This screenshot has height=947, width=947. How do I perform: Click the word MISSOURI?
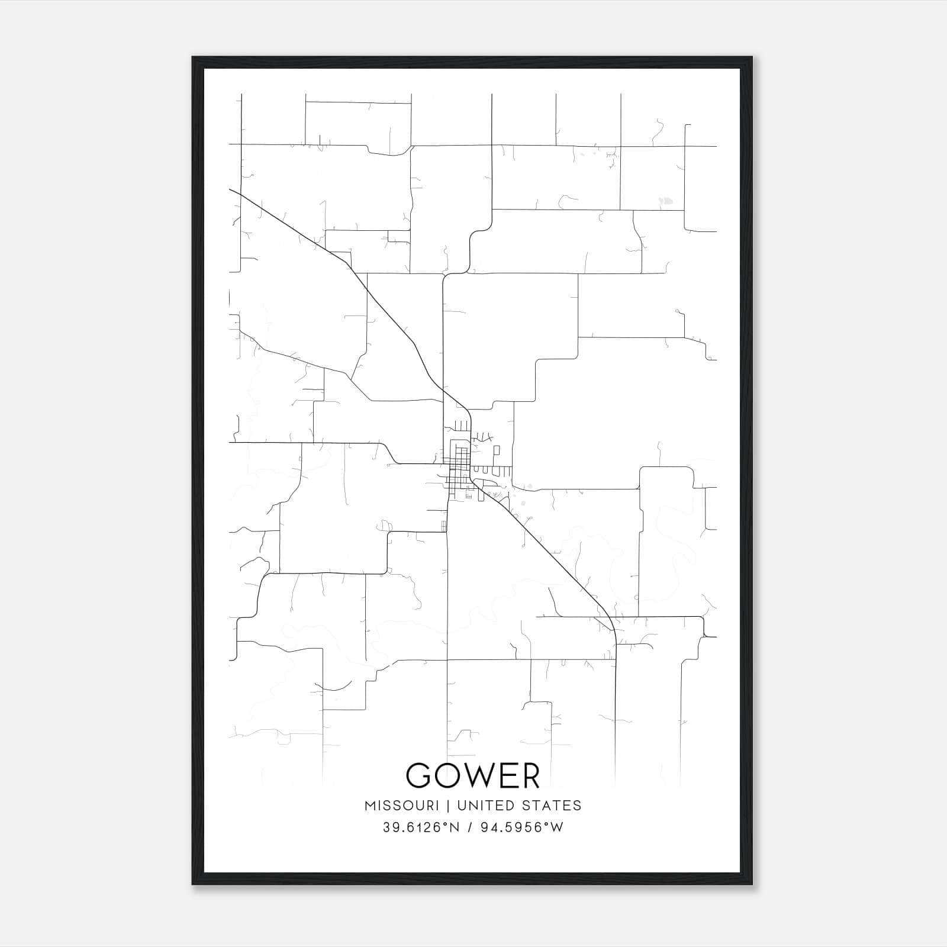(x=402, y=806)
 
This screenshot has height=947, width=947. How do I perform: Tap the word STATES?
(x=552, y=806)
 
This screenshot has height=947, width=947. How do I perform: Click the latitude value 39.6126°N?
(x=421, y=827)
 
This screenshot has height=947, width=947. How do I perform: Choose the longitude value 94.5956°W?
(x=523, y=827)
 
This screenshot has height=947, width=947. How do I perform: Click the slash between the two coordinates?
(x=471, y=827)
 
